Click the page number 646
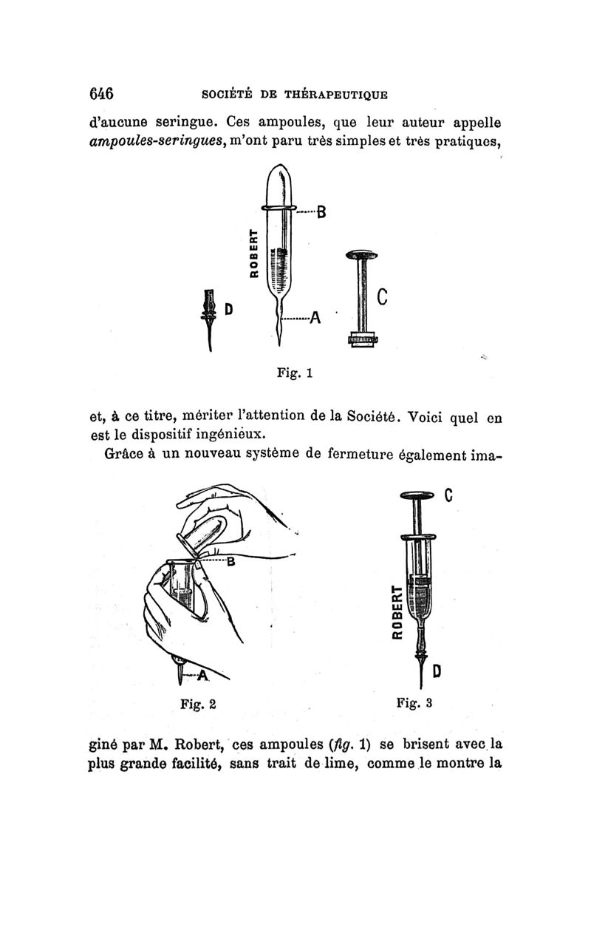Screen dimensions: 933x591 100,94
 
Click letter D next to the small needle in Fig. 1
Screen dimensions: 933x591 229,308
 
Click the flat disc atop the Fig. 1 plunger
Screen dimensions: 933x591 361,255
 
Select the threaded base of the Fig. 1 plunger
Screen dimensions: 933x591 362,340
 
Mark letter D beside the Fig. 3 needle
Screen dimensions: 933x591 437,671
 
